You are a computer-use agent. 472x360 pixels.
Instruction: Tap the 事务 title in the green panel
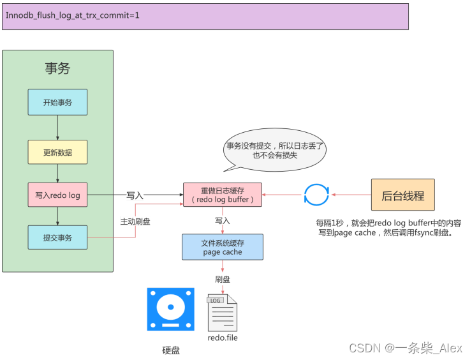57,68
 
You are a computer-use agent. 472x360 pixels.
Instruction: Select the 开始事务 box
57,102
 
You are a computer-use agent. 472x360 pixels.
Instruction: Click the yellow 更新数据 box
57,152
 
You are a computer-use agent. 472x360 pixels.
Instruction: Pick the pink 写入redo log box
57,195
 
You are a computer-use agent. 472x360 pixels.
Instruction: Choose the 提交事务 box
57,237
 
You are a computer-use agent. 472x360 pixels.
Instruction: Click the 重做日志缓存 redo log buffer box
223,195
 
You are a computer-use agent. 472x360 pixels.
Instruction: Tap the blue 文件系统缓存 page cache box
222,246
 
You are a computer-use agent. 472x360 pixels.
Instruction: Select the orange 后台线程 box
402,195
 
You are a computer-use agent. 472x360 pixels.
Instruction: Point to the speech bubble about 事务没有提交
275,150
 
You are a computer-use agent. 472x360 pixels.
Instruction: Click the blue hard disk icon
170,309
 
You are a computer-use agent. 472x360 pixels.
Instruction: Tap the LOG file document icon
222,312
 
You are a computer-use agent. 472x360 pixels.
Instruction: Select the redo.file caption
223,337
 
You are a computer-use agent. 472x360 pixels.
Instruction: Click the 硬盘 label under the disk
170,350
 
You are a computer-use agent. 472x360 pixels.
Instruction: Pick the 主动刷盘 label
135,221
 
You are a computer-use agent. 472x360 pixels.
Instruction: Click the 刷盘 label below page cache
222,279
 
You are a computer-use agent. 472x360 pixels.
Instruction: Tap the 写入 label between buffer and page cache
222,220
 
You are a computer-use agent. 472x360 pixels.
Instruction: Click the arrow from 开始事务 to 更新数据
57,128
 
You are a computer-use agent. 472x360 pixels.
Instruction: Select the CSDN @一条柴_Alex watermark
406,348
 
